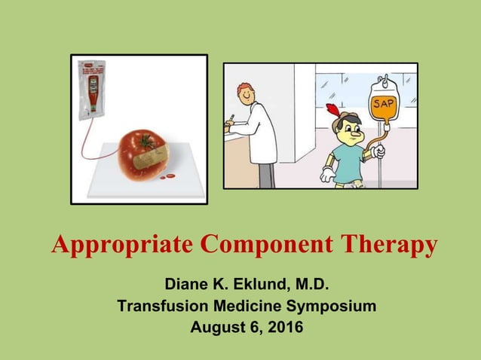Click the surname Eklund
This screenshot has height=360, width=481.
click(249, 286)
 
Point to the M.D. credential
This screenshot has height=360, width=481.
click(308, 286)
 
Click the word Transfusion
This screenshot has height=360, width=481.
click(164, 307)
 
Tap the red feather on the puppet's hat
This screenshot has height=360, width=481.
click(331, 112)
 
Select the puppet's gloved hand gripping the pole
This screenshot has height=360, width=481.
click(378, 153)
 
